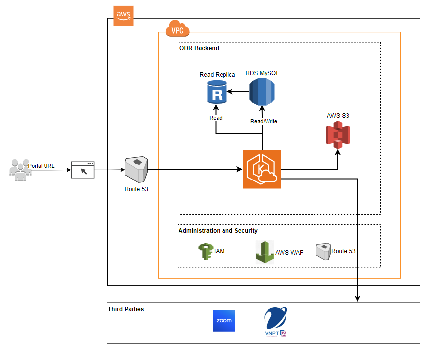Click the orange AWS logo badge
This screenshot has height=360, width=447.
point(123,16)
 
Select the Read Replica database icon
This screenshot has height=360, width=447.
point(217,92)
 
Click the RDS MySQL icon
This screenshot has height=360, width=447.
point(262,91)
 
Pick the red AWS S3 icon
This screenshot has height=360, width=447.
point(338,135)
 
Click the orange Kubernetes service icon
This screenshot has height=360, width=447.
point(262,170)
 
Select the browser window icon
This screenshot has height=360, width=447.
point(83,170)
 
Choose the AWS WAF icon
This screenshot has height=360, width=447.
point(265,252)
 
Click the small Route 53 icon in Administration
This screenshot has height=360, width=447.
point(323,251)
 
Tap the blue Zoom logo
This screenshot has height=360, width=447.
point(223,320)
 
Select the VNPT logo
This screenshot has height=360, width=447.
point(275,322)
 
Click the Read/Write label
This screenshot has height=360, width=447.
point(264,121)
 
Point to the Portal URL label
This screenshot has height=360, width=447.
point(42,165)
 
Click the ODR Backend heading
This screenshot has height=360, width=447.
point(199,48)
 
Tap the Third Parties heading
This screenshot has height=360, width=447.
point(126,309)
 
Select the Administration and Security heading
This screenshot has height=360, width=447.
point(218,231)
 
